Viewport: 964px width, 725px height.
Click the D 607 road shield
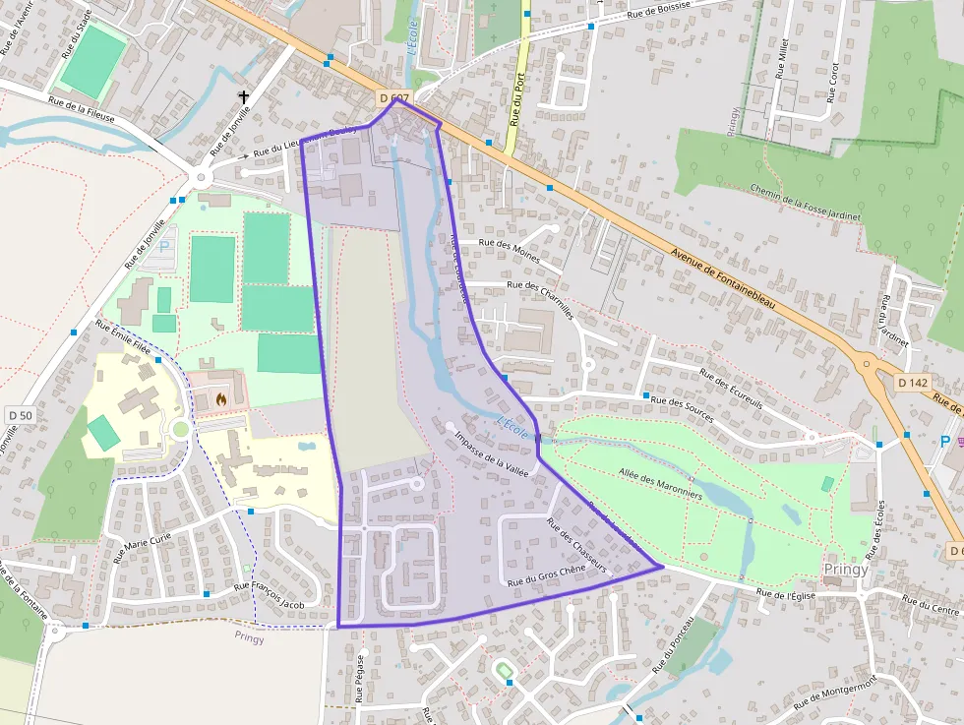point(393,98)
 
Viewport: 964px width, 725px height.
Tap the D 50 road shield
point(19,415)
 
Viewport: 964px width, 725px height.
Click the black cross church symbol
point(243,97)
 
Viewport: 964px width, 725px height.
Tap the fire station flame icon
point(220,399)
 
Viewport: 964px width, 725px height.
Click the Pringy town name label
point(847,570)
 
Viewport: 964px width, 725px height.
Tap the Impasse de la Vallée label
point(492,453)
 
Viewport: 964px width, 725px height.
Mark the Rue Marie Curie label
point(143,545)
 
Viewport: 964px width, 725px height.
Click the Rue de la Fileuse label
point(82,108)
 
